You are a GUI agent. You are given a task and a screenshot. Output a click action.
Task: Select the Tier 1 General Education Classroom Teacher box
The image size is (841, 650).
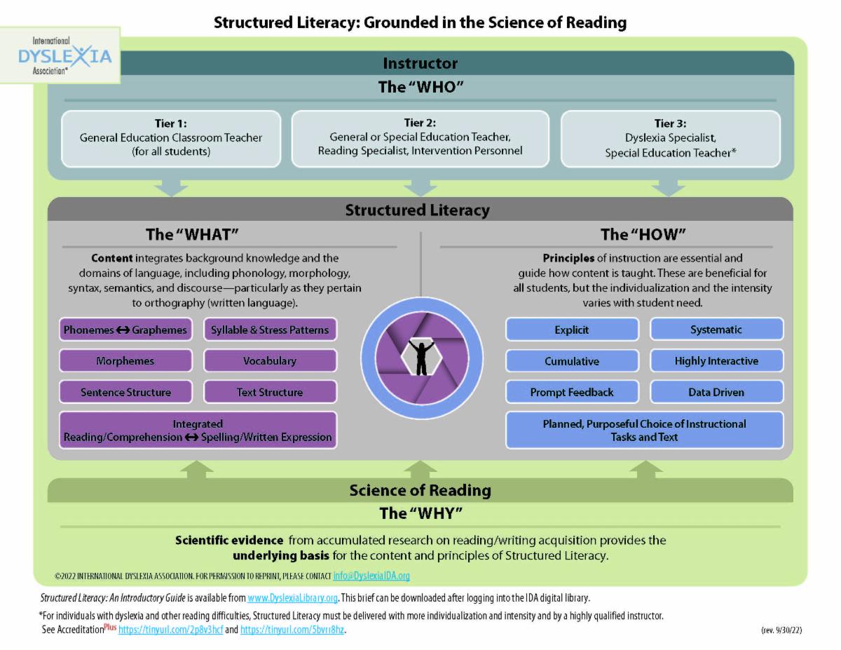(171, 138)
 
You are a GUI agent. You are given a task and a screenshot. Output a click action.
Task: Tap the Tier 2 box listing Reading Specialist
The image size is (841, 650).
(420, 137)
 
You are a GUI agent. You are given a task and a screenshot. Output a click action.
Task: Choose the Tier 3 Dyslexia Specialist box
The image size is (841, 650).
(670, 138)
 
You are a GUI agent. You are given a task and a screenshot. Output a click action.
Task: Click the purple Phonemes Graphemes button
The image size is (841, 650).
(125, 330)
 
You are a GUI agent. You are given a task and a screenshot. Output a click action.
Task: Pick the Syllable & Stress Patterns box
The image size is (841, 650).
(270, 330)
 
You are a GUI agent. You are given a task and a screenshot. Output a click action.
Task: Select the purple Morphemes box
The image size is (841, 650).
(125, 361)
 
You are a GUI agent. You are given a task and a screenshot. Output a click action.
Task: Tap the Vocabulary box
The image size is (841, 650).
(270, 361)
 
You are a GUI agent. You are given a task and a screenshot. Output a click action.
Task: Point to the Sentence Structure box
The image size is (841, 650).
(125, 392)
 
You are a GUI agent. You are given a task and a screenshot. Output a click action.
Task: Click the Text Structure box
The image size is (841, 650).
(270, 392)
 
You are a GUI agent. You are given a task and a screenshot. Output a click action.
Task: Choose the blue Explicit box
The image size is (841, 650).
(572, 330)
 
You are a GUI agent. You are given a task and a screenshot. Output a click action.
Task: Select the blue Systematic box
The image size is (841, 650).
(716, 330)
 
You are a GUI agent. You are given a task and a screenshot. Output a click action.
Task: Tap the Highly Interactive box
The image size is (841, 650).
(716, 361)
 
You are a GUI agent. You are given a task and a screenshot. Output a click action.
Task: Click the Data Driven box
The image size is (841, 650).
(716, 392)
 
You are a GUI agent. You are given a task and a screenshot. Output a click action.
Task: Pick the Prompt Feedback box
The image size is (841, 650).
(572, 392)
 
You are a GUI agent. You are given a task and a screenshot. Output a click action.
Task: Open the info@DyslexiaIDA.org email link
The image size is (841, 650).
(371, 576)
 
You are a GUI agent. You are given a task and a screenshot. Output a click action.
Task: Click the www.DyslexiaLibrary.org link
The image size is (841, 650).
(293, 598)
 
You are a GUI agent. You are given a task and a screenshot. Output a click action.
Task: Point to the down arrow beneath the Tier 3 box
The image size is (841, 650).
(669, 188)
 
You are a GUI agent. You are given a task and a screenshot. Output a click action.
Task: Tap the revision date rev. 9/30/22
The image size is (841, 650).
(781, 630)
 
